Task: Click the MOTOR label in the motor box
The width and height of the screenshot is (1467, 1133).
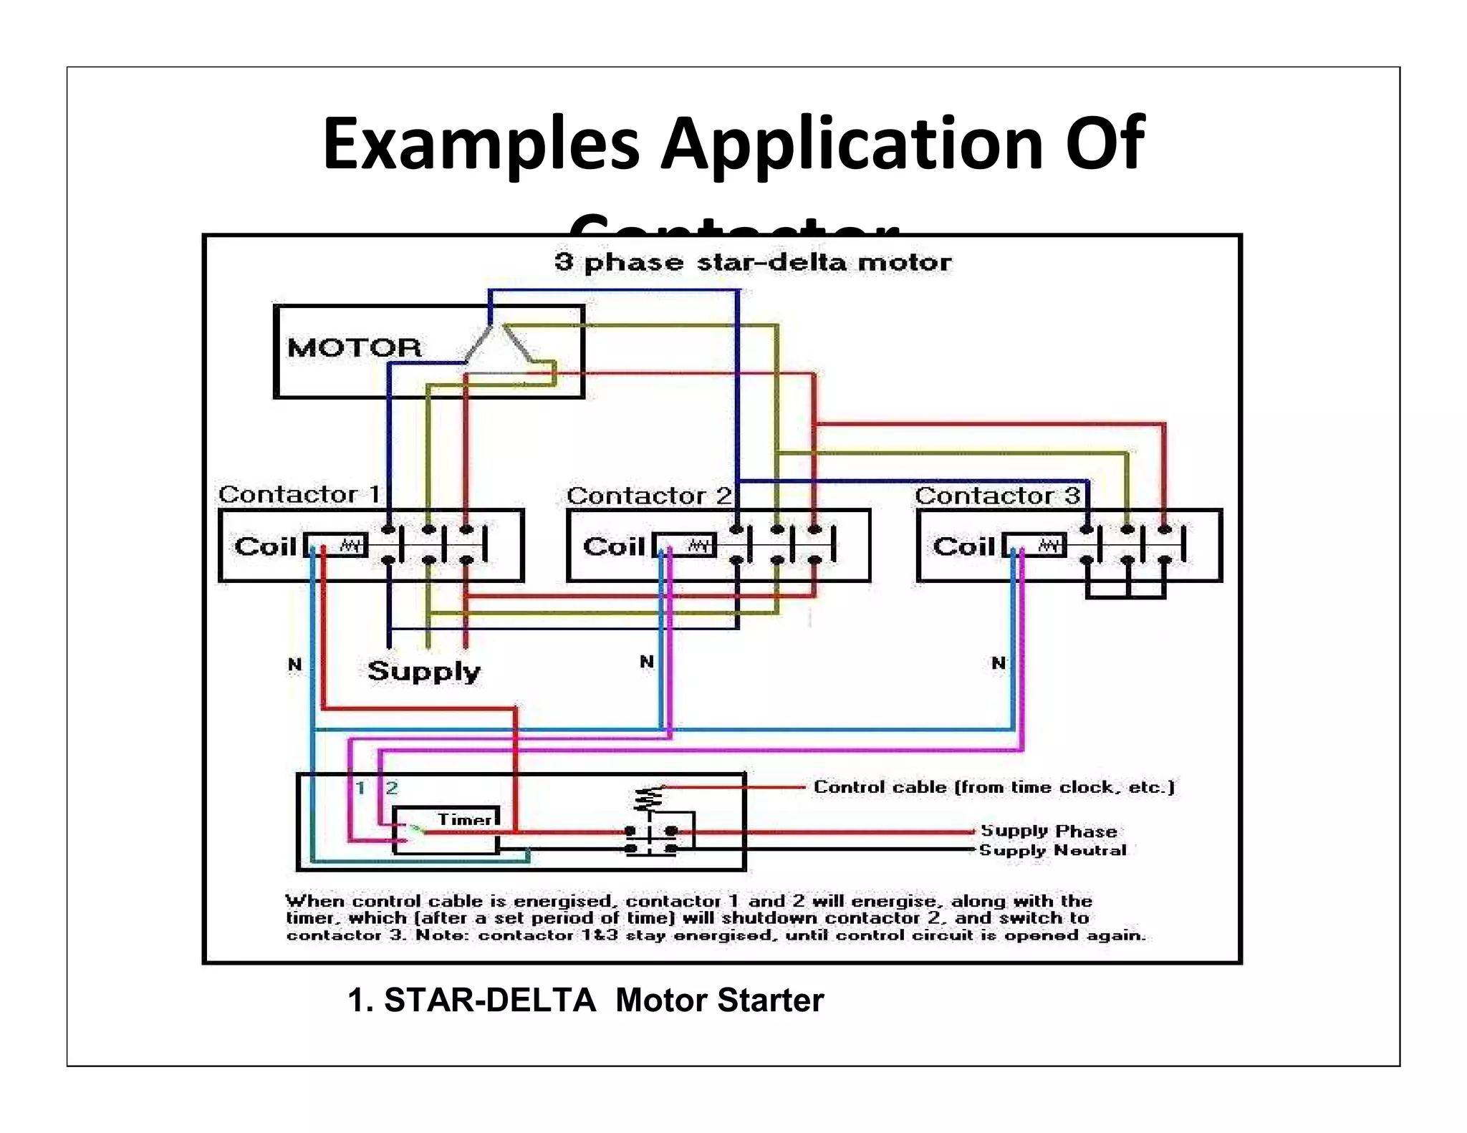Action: coord(355,348)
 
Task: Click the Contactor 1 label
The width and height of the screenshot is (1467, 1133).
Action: coord(299,494)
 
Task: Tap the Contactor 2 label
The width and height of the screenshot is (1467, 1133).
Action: coord(649,496)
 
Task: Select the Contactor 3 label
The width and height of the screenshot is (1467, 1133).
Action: coord(997,496)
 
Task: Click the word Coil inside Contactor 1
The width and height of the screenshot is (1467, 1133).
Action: coord(265,546)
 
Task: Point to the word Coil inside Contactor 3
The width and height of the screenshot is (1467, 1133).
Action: coord(963,546)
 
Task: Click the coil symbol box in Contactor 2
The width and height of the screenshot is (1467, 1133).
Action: coord(685,546)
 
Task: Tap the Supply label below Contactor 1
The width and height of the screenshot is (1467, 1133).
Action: coord(423,671)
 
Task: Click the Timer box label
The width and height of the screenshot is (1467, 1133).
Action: coord(464,819)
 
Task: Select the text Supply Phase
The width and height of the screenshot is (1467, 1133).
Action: coord(1048,831)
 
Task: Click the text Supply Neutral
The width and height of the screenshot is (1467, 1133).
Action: coord(1052,850)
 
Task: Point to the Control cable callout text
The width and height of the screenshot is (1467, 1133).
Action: coord(994,787)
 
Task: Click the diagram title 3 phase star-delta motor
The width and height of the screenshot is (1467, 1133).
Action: coord(753,262)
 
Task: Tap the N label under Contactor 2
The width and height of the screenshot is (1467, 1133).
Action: coord(646,662)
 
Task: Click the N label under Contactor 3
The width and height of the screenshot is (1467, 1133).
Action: coord(998,663)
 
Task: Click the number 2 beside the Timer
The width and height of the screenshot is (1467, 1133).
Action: coord(391,789)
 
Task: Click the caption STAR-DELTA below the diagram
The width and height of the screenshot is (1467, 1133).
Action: coord(489,1000)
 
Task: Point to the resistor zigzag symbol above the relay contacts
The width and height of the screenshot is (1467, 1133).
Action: coord(648,798)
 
